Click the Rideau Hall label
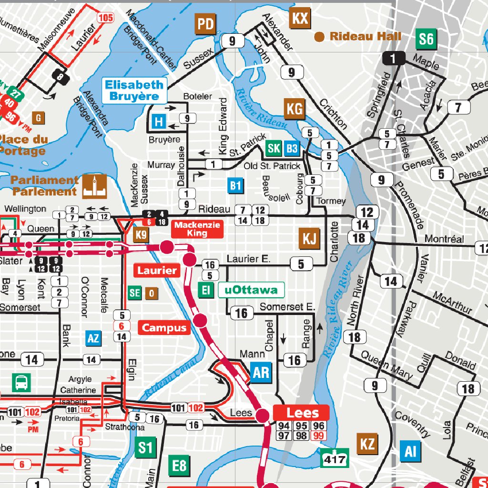click(365, 36)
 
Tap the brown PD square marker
click(206, 24)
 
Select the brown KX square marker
click(300, 19)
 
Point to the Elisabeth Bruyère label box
click(134, 90)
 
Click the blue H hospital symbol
click(159, 122)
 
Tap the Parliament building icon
click(94, 186)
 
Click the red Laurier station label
click(157, 271)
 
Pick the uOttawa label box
click(251, 290)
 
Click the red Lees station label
click(301, 413)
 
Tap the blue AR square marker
click(261, 372)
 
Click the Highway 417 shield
click(334, 458)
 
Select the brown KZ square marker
click(367, 444)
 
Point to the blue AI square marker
click(410, 451)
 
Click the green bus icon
click(21, 382)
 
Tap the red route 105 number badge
click(105, 18)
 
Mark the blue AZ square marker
click(93, 338)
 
